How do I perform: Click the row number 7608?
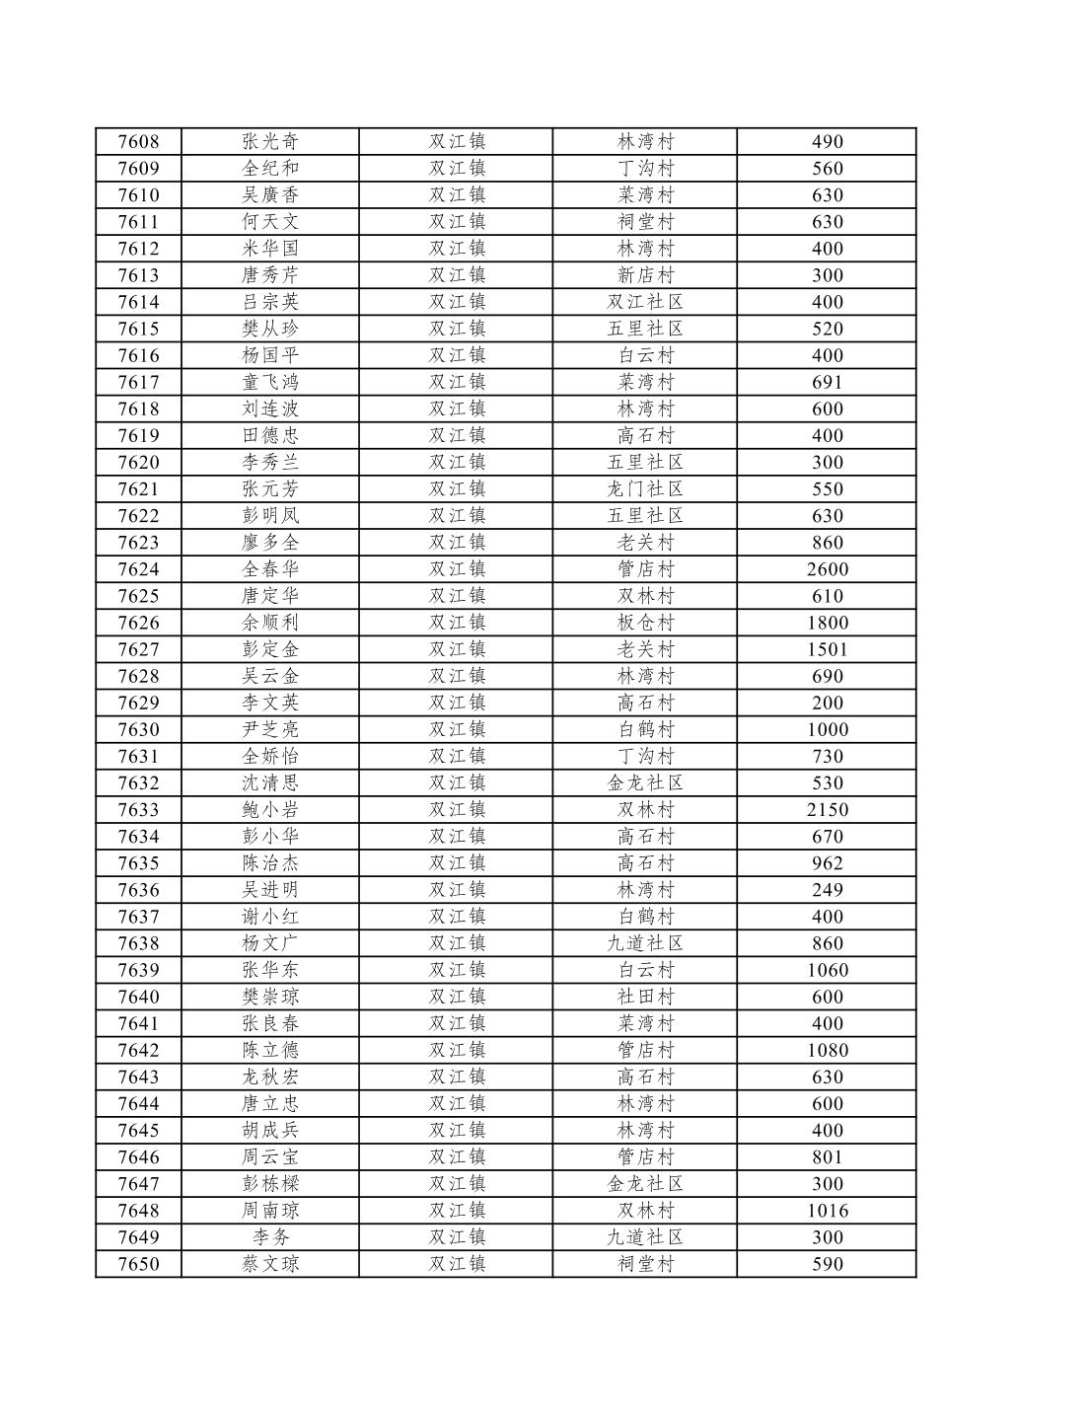138,142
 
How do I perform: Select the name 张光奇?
270,142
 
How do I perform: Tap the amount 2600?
827,569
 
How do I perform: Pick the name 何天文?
270,222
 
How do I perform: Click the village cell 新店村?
645,275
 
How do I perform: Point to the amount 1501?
827,649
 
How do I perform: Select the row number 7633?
138,810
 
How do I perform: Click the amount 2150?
827,810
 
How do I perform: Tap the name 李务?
270,1237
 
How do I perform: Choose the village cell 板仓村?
645,623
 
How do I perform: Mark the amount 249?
827,890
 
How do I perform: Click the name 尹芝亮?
270,730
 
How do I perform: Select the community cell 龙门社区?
645,489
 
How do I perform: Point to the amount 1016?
827,1211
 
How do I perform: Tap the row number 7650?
138,1264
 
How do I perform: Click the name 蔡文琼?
270,1264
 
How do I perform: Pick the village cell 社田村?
645,997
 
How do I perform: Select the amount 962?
827,863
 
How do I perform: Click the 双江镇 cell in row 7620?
457,463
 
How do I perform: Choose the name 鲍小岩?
270,810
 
